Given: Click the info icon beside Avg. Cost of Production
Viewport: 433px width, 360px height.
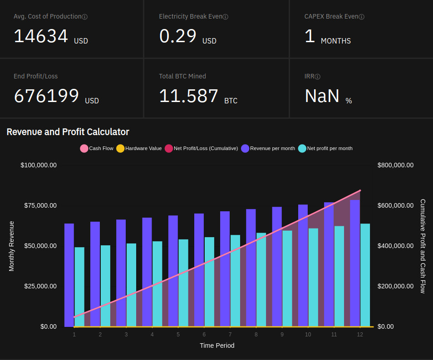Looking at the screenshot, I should pyautogui.click(x=85, y=17).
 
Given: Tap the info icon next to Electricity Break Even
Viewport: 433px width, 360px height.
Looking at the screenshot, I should pyautogui.click(x=226, y=17).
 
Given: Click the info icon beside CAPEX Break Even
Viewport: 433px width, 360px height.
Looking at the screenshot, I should pyautogui.click(x=362, y=17).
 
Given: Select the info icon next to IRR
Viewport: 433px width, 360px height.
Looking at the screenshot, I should pyautogui.click(x=318, y=77).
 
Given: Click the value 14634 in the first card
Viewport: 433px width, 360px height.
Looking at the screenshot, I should pyautogui.click(x=41, y=36).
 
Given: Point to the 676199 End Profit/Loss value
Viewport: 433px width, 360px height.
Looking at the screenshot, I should pyautogui.click(x=46, y=96).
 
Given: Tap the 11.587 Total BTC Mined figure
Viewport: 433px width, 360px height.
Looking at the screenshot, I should pyautogui.click(x=189, y=96).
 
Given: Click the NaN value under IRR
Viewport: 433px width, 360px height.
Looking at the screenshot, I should pyautogui.click(x=322, y=96).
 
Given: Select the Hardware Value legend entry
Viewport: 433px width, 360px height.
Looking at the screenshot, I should pyautogui.click(x=139, y=148).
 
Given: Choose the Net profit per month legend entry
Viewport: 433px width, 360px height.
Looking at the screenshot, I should pyautogui.click(x=325, y=148).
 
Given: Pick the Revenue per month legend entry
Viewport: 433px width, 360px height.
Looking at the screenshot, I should pyautogui.click(x=268, y=148).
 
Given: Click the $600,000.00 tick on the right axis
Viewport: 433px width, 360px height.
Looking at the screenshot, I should pyautogui.click(x=395, y=205).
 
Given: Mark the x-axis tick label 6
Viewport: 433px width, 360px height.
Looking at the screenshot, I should pyautogui.click(x=204, y=335).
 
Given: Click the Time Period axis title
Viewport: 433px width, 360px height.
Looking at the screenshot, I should pyautogui.click(x=217, y=345).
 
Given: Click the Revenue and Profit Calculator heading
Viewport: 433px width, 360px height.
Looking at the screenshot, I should pyautogui.click(x=68, y=132).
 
